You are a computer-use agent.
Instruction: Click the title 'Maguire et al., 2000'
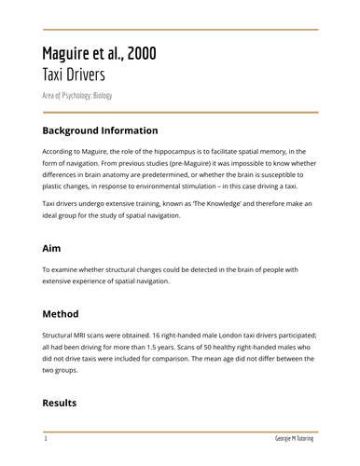tap(99, 53)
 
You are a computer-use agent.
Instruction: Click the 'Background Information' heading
tap(100, 130)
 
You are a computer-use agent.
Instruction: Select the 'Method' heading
tap(61, 314)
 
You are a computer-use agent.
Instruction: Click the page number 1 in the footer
tap(45, 437)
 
